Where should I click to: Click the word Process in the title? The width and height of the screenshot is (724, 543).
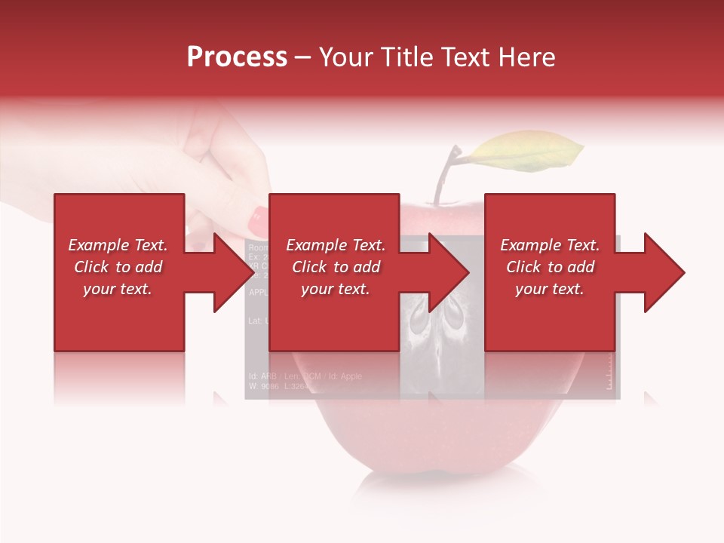[237, 57]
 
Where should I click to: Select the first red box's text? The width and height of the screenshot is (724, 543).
[118, 267]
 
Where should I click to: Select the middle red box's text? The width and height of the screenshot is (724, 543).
[336, 267]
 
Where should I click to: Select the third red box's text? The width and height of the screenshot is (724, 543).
[550, 267]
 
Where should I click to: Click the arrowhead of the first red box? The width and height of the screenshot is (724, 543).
[226, 272]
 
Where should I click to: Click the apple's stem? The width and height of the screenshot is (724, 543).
[444, 177]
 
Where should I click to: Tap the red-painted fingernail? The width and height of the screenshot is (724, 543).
[258, 220]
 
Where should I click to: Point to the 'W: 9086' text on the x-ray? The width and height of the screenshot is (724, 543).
[264, 386]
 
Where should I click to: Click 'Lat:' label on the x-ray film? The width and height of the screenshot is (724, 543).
[254, 321]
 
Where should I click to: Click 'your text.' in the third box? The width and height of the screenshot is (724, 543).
[550, 289]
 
